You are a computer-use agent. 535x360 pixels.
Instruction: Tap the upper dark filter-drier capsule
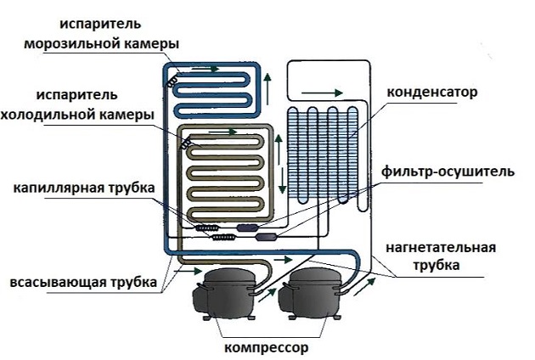click(x=252, y=227)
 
